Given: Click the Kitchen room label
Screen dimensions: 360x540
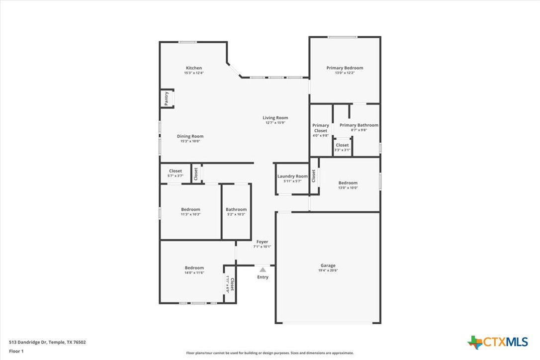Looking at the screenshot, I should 194,68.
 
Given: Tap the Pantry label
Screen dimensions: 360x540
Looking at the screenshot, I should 167,98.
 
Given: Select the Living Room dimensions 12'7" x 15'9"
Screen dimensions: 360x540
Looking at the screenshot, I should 275,123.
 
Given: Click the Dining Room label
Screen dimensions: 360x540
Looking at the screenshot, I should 190,136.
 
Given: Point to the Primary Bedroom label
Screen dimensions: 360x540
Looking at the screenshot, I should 345,68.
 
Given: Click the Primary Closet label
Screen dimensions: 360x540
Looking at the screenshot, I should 321,128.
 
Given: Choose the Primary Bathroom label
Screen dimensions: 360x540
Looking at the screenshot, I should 359,125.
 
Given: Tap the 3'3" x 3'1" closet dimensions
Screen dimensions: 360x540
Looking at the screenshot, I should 342,150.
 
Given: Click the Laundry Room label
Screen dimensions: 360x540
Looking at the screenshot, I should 292,176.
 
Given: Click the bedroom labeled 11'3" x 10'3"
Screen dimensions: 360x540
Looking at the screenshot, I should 190,212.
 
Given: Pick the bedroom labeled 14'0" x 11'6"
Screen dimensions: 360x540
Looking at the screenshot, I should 194,270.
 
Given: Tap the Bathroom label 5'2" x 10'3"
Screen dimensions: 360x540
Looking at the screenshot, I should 236,212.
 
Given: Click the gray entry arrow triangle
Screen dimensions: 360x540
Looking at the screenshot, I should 263,270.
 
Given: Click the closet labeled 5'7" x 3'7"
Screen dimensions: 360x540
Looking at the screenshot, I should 175,173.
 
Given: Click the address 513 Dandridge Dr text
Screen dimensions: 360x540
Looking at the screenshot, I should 47,342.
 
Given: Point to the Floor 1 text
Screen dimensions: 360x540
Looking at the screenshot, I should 16,351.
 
